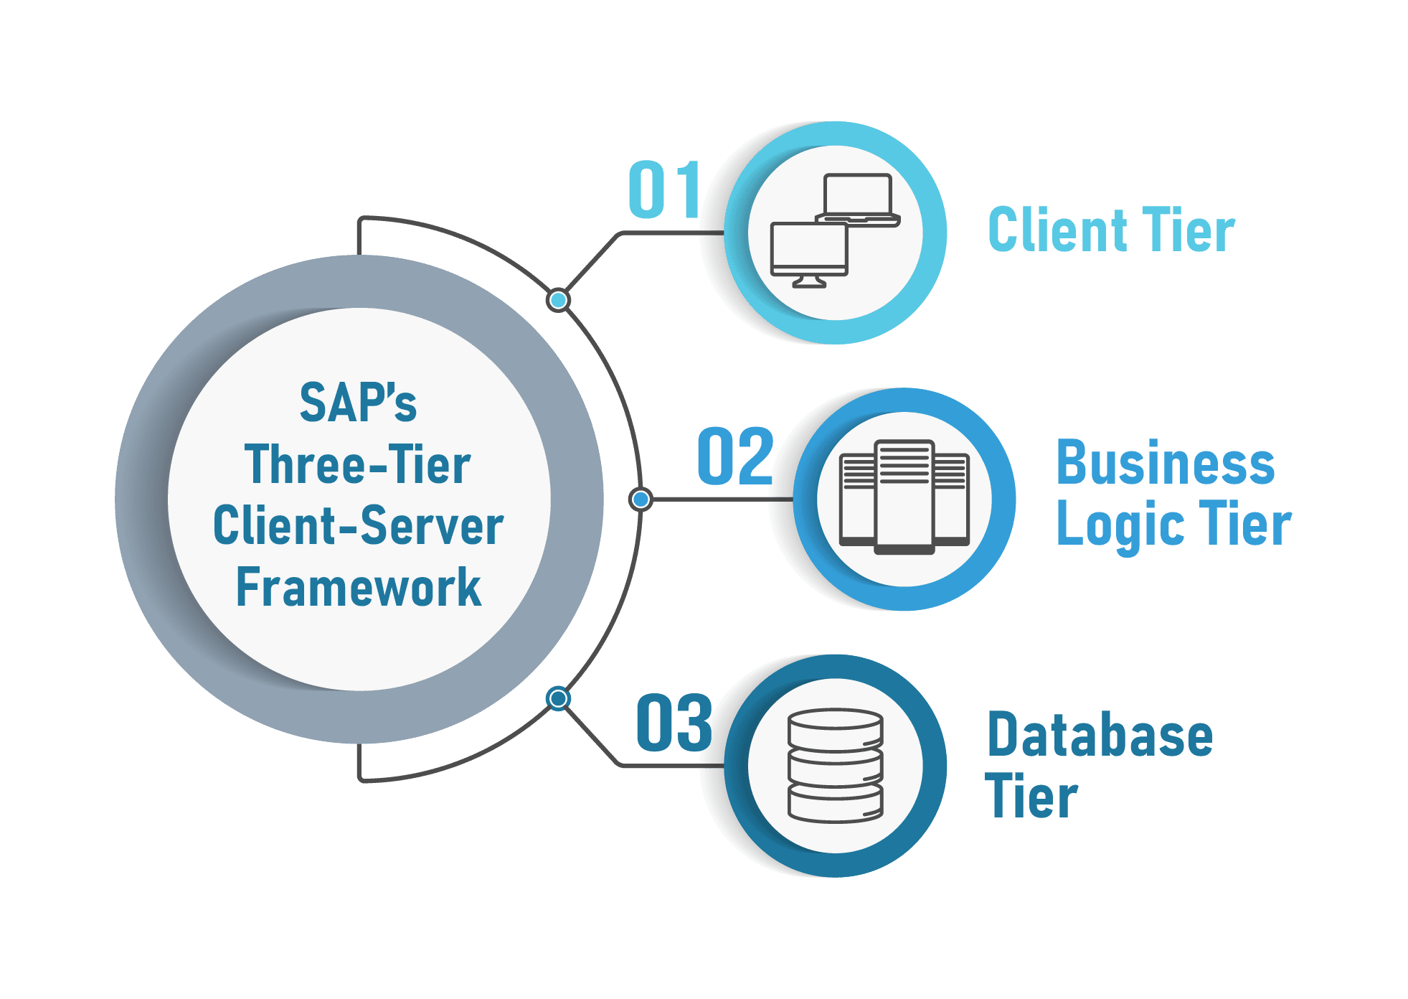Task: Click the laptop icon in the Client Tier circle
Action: click(858, 200)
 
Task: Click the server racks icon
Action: click(904, 497)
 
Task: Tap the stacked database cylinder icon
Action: click(835, 765)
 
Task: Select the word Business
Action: click(1166, 464)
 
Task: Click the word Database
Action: click(1100, 734)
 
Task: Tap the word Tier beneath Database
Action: click(1031, 797)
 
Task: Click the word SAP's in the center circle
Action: click(358, 403)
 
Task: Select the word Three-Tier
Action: click(358, 464)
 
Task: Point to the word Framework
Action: click(358, 588)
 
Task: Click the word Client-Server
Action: click(358, 526)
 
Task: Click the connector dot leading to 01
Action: click(558, 300)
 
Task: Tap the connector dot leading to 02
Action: click(641, 499)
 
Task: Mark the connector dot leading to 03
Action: click(557, 698)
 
